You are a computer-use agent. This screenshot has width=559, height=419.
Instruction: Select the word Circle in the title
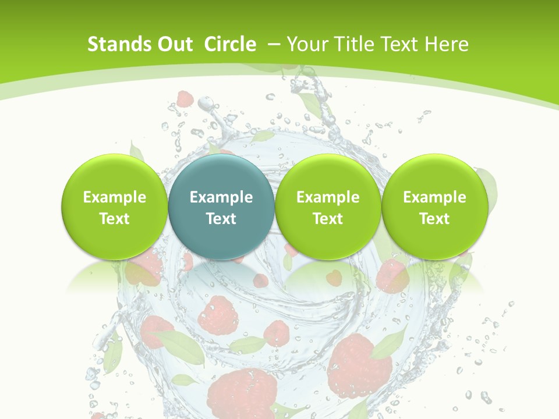click(x=230, y=44)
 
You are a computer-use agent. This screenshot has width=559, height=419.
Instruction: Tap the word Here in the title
click(x=447, y=44)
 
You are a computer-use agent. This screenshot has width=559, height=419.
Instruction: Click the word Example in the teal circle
click(x=221, y=197)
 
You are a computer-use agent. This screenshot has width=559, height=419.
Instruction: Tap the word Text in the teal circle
click(x=221, y=219)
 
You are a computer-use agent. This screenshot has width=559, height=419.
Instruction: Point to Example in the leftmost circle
click(x=114, y=197)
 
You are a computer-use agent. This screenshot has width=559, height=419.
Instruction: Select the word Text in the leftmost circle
click(x=114, y=219)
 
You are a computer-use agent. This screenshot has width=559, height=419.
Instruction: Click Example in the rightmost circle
click(x=434, y=197)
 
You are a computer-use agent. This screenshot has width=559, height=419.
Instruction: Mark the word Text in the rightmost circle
click(x=434, y=219)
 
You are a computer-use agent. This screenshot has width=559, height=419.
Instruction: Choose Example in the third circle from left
click(x=328, y=197)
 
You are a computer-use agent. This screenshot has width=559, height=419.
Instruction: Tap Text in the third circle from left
click(x=328, y=219)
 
